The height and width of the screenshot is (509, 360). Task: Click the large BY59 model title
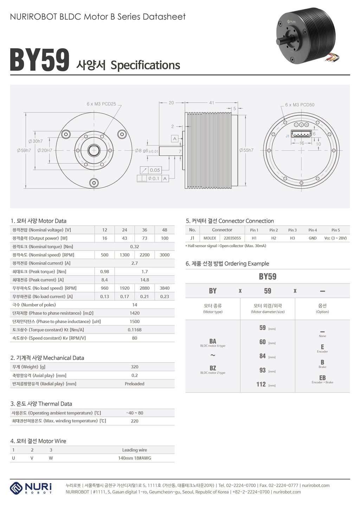tap(39, 60)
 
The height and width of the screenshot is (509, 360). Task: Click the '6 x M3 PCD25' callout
tap(101, 104)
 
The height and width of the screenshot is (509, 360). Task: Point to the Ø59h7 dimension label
tap(24, 150)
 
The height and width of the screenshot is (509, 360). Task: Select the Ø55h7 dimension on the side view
tap(246, 150)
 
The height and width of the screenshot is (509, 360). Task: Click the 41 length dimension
tap(212, 103)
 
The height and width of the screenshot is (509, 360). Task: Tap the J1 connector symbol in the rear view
tap(301, 134)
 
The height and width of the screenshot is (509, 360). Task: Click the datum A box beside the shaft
tap(175, 139)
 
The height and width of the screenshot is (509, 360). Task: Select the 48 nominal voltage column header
tap(165, 230)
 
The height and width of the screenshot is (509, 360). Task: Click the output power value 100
tap(165, 238)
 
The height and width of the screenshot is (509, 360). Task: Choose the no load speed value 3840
tap(165, 288)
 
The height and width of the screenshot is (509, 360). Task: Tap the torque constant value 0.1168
tap(135, 330)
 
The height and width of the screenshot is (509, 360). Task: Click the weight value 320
tap(135, 367)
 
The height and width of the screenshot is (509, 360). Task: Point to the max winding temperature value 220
tap(135, 421)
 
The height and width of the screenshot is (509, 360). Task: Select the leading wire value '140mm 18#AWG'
tap(135, 458)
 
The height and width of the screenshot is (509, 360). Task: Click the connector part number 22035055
tap(232, 238)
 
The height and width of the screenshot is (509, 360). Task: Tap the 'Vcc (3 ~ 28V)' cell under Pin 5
tap(335, 238)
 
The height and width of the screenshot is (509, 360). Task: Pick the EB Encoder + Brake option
tap(322, 379)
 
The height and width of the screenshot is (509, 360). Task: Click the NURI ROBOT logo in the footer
tap(31, 488)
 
